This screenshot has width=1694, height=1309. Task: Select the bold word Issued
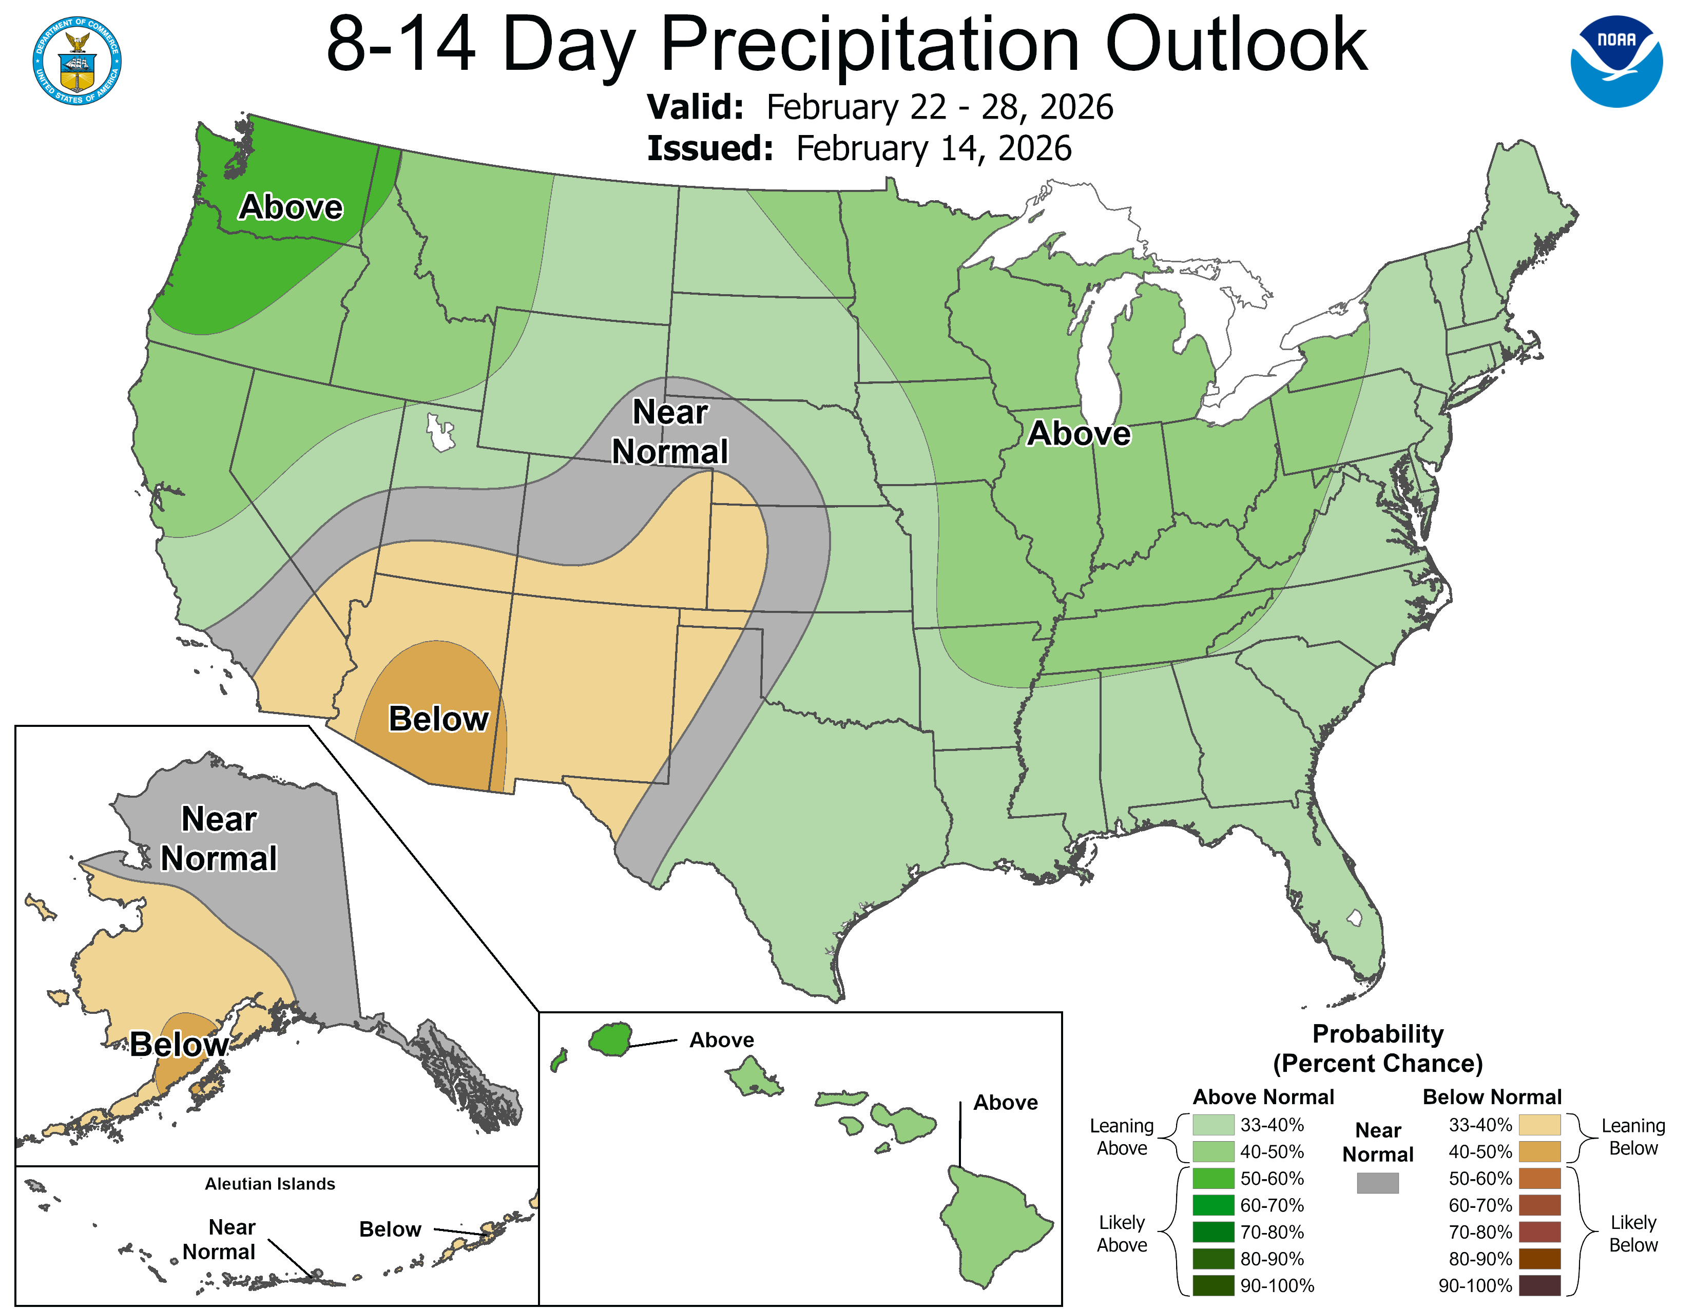(x=710, y=148)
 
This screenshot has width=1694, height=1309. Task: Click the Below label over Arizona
(x=438, y=719)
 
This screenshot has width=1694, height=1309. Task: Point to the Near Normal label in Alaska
(x=219, y=838)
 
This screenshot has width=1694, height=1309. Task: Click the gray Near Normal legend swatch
(x=1378, y=1183)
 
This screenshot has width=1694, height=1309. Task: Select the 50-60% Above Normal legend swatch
(x=1213, y=1179)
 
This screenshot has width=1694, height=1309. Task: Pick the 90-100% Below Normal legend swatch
(x=1539, y=1286)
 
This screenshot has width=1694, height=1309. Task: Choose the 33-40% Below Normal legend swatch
(x=1539, y=1125)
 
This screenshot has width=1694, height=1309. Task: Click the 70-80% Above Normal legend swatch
(x=1213, y=1232)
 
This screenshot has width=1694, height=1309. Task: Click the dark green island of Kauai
(x=610, y=1038)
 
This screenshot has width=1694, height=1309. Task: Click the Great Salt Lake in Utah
(x=440, y=433)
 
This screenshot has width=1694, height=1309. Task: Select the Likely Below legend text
(x=1633, y=1234)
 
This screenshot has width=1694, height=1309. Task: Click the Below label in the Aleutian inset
(x=390, y=1229)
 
